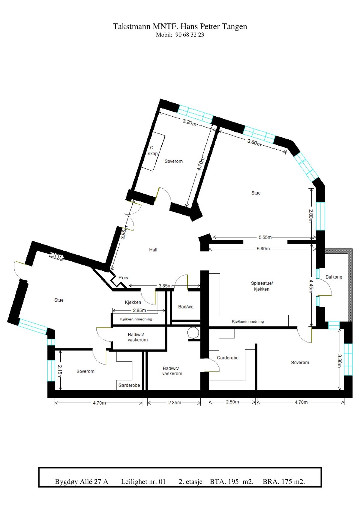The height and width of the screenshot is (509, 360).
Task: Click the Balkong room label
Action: [334, 277]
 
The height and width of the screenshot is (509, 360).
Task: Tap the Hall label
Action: [153, 250]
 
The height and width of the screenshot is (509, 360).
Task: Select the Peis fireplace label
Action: [123, 278]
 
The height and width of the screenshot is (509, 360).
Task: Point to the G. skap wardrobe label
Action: [152, 150]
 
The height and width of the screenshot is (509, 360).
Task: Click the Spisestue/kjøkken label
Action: [262, 286]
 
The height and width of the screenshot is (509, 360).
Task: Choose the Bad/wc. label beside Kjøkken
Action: [186, 307]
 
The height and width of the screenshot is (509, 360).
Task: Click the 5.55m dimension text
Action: [265, 237]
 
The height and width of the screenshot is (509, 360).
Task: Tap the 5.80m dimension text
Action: [263, 249]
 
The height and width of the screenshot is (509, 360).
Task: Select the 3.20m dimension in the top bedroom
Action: [190, 122]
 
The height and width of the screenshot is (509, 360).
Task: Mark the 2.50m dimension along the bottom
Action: [232, 402]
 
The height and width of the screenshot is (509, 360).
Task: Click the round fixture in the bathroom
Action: [193, 333]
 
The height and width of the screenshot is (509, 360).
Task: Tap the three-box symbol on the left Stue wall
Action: [57, 256]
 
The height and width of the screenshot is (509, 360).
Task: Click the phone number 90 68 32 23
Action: [189, 35]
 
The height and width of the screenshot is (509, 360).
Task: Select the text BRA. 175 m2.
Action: [283, 482]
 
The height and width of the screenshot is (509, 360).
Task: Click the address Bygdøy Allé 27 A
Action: [81, 482]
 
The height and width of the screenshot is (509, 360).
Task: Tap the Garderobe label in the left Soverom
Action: [129, 385]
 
